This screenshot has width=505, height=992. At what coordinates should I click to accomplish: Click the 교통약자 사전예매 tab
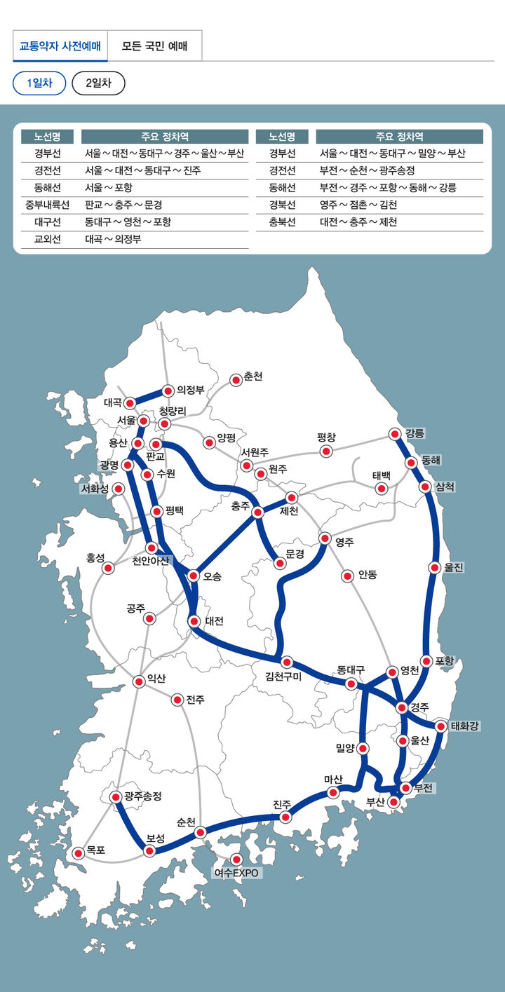(x=60, y=46)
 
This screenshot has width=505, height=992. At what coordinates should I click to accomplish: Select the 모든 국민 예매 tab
(x=154, y=46)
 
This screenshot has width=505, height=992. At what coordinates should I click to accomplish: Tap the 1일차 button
(x=39, y=83)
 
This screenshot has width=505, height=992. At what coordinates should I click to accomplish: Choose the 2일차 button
(x=98, y=83)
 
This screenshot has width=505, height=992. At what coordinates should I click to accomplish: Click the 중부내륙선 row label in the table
(x=47, y=205)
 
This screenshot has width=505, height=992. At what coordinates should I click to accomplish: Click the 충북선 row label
(x=282, y=222)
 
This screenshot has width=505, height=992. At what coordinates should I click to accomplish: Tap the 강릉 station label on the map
(x=415, y=433)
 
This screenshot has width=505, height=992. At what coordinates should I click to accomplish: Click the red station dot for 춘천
(x=236, y=380)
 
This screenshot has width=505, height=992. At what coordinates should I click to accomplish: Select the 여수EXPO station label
(x=236, y=873)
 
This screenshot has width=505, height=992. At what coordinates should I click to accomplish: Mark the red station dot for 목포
(x=79, y=852)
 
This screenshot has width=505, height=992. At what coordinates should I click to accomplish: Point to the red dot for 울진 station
(x=436, y=567)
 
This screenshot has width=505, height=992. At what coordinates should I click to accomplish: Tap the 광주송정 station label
(x=143, y=796)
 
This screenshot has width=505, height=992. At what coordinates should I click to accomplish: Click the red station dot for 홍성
(x=108, y=568)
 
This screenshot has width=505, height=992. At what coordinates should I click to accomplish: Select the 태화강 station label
(x=464, y=726)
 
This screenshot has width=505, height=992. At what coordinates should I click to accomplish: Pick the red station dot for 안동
(x=346, y=576)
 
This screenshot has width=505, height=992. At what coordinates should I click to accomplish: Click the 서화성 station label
(x=94, y=489)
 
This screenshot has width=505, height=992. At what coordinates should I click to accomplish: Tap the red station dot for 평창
(x=325, y=451)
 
